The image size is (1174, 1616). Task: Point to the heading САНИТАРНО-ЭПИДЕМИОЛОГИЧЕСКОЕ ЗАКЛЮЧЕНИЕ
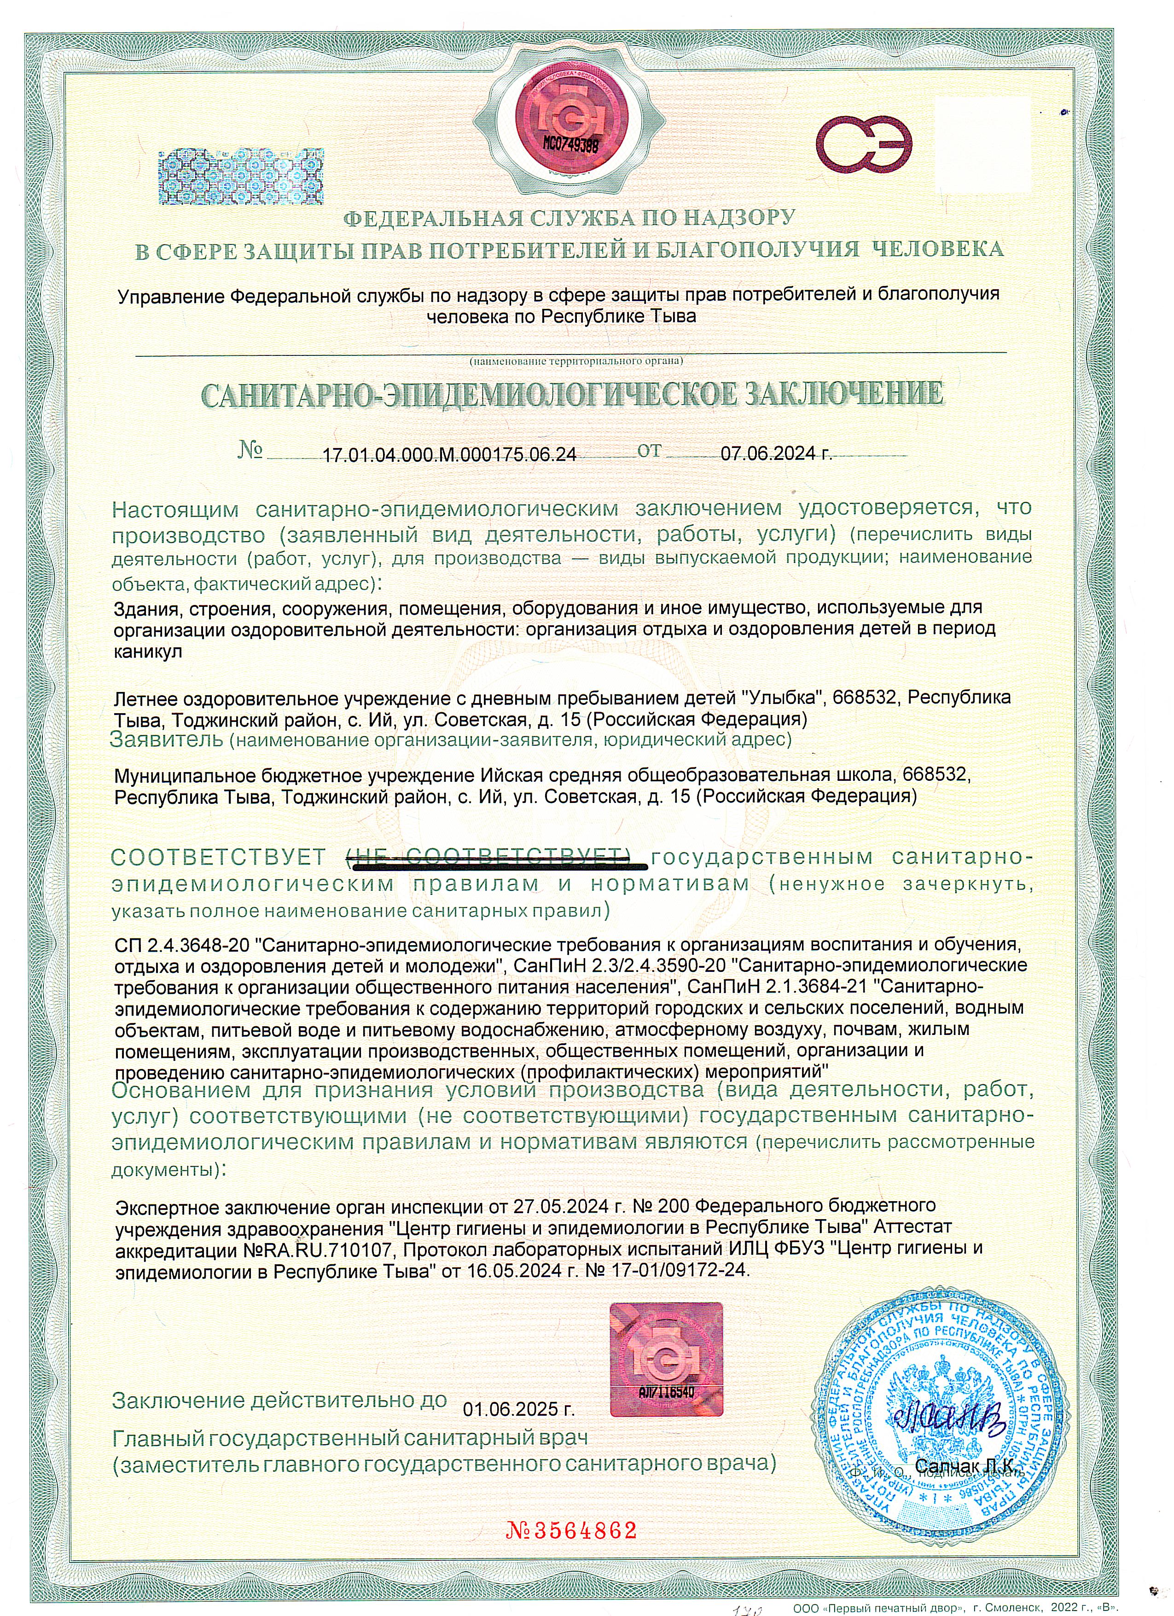point(574,394)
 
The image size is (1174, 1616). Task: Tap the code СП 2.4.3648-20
point(182,945)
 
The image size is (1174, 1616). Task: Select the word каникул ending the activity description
point(148,652)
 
